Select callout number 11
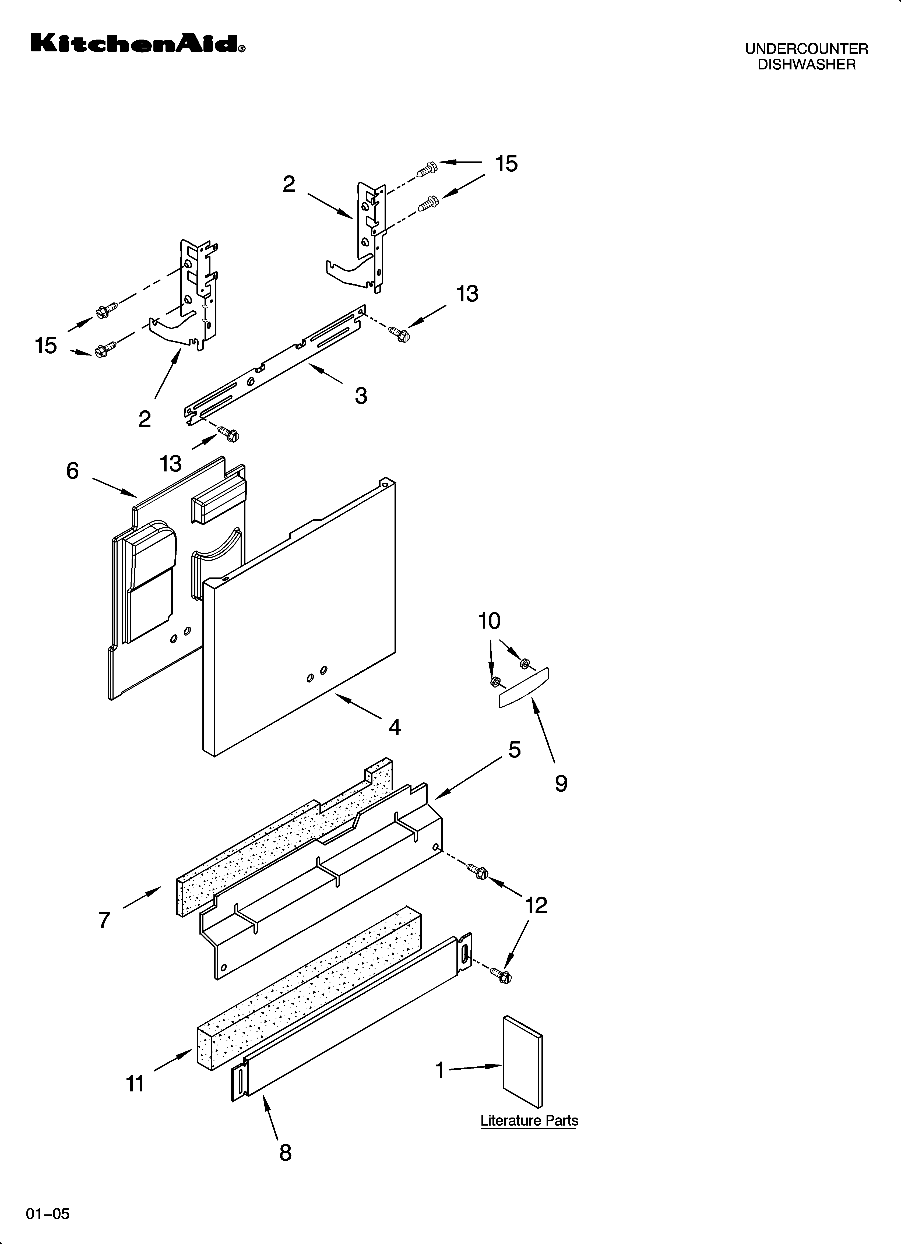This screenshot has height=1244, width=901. pos(135,1084)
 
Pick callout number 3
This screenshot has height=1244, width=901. pos(361,396)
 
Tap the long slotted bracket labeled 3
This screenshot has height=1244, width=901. pos(274,366)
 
